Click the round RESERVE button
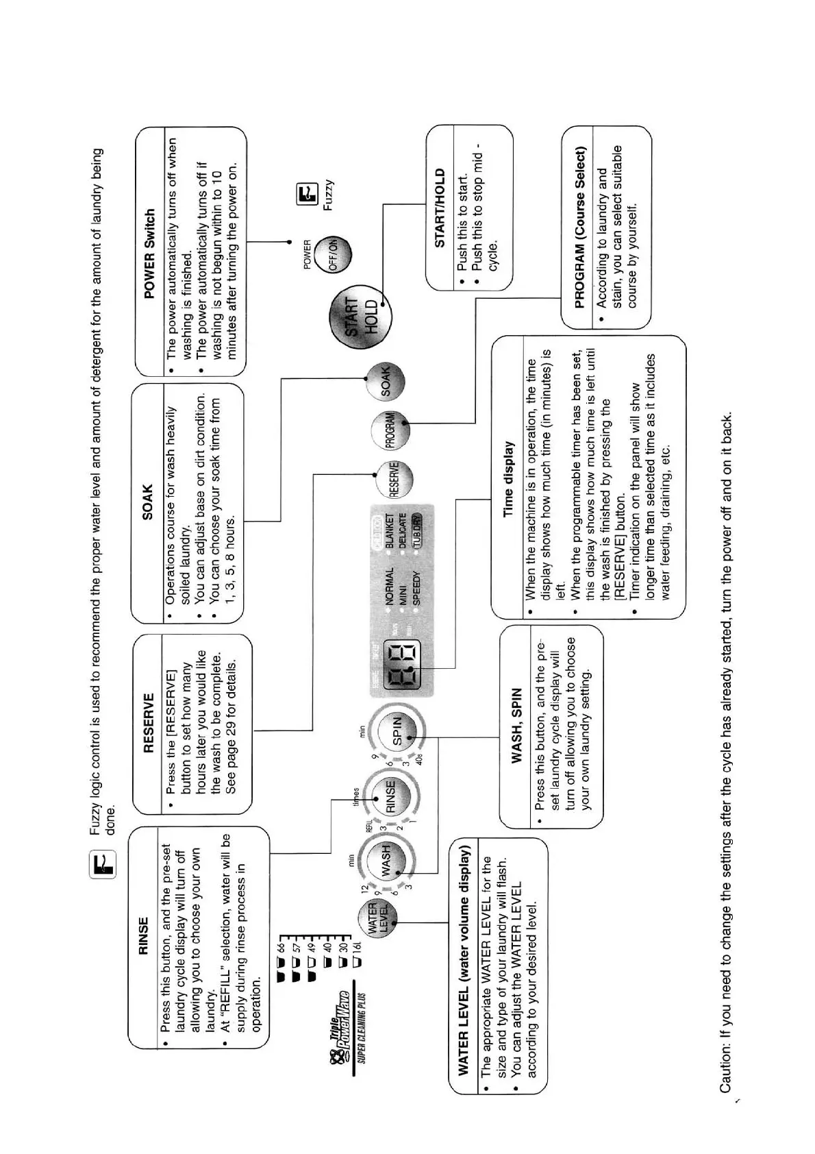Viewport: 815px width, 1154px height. [x=395, y=478]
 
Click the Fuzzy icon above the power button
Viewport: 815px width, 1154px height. [x=308, y=195]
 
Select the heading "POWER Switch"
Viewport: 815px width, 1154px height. [x=149, y=254]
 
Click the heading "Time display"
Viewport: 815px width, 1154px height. [x=508, y=478]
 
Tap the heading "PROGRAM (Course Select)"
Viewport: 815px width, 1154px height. [x=579, y=227]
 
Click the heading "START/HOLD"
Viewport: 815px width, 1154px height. [x=440, y=208]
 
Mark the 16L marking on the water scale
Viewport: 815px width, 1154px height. [x=355, y=961]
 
